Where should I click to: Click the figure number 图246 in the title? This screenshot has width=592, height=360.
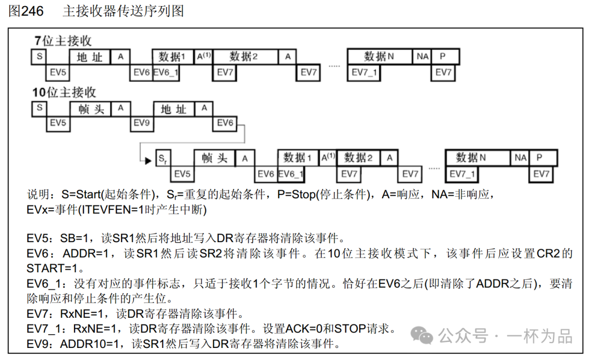26,11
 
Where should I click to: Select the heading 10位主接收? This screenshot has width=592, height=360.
64,92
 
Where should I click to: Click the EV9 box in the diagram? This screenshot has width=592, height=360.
141,123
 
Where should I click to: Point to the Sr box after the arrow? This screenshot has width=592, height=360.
162,159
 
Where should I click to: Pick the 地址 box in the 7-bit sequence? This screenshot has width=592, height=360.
90,57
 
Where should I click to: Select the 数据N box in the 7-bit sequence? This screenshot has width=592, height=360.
379,56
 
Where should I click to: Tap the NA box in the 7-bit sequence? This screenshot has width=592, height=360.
422,56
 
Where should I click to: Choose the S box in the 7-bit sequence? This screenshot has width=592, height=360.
39,56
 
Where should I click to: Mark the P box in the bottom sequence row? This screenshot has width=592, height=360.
539,158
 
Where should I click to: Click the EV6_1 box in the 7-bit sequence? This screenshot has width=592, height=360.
166,72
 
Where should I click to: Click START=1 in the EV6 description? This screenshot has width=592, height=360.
55,268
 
